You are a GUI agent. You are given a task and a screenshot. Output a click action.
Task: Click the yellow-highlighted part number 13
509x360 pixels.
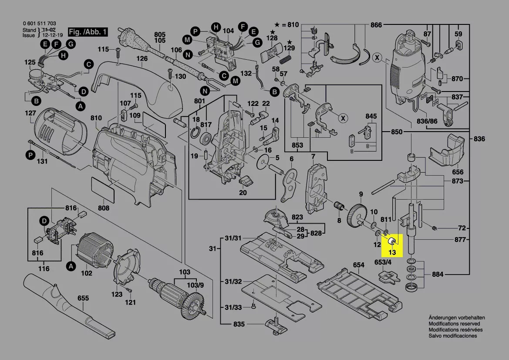tap(392, 252)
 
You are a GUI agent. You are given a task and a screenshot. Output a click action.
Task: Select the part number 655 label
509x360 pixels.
tap(83, 298)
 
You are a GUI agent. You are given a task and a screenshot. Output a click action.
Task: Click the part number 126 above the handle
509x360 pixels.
tap(142, 58)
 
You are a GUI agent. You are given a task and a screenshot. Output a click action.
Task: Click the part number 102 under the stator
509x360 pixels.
tap(87, 273)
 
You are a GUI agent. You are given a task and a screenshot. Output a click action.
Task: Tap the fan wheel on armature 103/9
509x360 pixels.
tap(194, 301)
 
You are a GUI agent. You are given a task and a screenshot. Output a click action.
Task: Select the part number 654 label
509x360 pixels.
tap(358, 265)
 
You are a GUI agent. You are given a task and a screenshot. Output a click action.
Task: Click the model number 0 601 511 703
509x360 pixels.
tap(39, 24)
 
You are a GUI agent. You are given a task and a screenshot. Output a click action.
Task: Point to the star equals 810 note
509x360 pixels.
tap(287, 25)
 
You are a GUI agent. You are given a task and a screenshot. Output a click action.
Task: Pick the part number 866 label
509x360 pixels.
tap(376, 25)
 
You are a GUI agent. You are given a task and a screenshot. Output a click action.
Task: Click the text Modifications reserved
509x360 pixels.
tap(454, 324)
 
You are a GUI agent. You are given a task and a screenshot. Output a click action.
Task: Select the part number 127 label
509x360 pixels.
tap(30, 113)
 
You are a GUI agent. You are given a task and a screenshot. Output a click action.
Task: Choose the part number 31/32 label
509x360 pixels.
tap(233, 282)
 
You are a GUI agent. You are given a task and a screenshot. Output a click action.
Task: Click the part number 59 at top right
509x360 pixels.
tap(458, 34)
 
